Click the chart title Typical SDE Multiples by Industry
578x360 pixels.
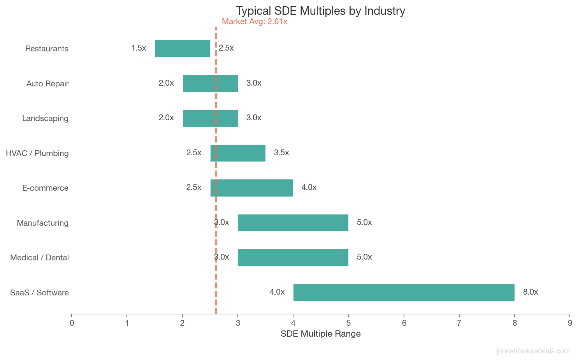click(320, 11)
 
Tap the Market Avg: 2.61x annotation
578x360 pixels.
click(255, 22)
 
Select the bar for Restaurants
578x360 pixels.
click(182, 49)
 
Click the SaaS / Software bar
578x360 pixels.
click(404, 293)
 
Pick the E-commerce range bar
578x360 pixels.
click(251, 188)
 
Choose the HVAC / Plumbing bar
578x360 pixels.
click(238, 153)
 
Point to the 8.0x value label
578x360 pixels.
click(530, 292)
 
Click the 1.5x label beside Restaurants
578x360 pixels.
click(139, 48)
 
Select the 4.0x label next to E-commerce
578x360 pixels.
click(309, 188)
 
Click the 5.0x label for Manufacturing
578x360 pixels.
click(364, 223)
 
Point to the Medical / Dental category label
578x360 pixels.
click(39, 258)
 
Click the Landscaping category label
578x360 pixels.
click(45, 118)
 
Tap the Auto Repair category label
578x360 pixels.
click(47, 84)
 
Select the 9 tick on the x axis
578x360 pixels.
click(570, 323)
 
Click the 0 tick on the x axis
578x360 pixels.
click(72, 323)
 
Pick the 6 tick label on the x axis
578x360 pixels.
click(404, 323)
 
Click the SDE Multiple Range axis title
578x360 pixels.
click(320, 334)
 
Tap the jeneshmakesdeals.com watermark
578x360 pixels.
click(533, 351)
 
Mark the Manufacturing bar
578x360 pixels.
click(293, 223)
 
